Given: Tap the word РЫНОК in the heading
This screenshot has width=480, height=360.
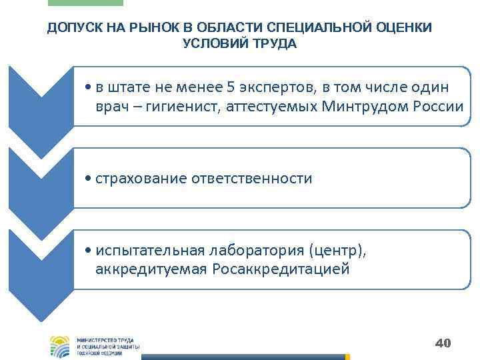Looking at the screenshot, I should [147, 27].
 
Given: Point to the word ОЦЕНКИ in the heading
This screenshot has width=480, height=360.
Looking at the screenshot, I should [403, 27].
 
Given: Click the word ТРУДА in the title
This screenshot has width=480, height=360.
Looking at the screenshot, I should [272, 43].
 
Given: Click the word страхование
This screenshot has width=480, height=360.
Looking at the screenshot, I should [141, 178].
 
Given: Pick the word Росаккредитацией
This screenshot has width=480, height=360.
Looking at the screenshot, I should [280, 269].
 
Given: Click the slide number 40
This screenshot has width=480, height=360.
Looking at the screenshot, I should [443, 343].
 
